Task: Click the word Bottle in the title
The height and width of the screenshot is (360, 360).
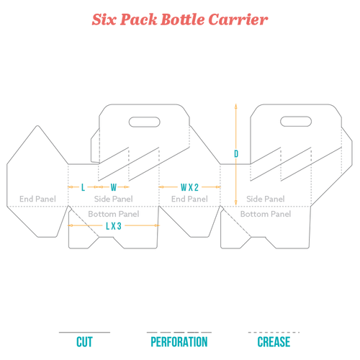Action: click(182, 19)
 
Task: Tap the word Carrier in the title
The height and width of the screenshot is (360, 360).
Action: click(238, 19)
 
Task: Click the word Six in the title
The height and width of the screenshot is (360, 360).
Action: click(104, 19)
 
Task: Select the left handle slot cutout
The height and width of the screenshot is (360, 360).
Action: click(145, 122)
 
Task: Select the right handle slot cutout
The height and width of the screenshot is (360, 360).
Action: click(296, 122)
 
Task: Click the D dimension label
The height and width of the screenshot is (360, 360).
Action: click(236, 154)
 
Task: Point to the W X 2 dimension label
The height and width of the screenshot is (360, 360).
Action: click(189, 187)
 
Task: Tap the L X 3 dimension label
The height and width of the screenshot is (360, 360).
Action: click(114, 226)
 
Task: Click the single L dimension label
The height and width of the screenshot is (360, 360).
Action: click(83, 187)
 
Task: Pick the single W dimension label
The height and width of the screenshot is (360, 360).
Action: click(114, 187)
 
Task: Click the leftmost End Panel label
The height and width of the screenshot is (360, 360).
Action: click(37, 199)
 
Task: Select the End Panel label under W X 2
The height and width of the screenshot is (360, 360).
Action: click(189, 199)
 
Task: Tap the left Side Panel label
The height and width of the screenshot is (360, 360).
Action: click(114, 199)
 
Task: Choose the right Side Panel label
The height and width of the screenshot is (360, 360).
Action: click(266, 199)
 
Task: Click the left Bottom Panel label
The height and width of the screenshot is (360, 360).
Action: click(114, 214)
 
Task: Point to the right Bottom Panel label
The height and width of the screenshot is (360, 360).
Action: click(266, 214)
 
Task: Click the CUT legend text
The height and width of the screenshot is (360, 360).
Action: click(84, 342)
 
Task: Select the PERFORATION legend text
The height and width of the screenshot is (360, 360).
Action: click(179, 342)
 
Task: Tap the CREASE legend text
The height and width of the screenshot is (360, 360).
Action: click(274, 342)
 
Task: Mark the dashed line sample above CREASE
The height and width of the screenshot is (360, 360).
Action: click(274, 333)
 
